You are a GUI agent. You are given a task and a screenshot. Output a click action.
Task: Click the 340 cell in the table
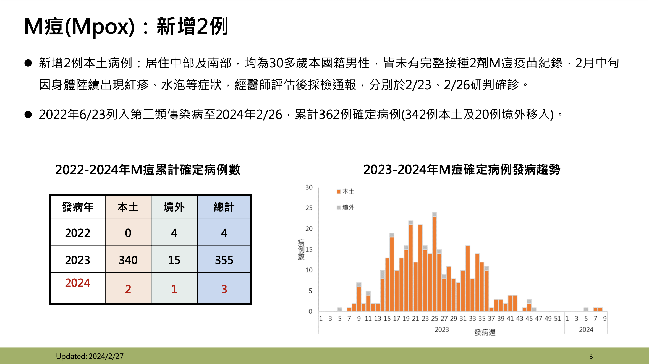click(128, 260)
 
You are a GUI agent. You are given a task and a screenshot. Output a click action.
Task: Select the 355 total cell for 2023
click(224, 260)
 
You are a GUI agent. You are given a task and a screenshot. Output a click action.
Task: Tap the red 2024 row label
click(78, 283)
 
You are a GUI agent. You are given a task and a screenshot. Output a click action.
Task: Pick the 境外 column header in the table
click(174, 207)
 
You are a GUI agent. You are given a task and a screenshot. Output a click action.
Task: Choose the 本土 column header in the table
click(128, 207)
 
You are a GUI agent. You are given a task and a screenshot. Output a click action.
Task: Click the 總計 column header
click(224, 207)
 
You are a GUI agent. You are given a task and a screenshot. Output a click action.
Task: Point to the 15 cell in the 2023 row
click(174, 260)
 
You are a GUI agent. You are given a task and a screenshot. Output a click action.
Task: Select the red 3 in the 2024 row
click(224, 289)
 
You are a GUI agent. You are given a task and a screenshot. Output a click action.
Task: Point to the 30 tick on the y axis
click(309, 188)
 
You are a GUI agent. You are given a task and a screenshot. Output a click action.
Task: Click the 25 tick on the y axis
click(309, 208)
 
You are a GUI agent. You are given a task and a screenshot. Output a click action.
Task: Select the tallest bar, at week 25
click(435, 263)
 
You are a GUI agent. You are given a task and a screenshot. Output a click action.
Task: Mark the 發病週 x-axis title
click(485, 332)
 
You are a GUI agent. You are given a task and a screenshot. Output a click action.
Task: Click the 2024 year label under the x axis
click(586, 330)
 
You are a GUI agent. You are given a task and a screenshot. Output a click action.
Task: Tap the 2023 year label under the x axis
click(442, 330)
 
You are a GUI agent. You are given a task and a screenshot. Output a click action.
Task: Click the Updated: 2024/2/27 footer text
click(90, 356)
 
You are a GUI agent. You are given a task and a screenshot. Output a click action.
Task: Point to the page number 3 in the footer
click(591, 356)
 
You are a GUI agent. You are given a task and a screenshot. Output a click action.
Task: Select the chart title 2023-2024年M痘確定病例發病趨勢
click(462, 170)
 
